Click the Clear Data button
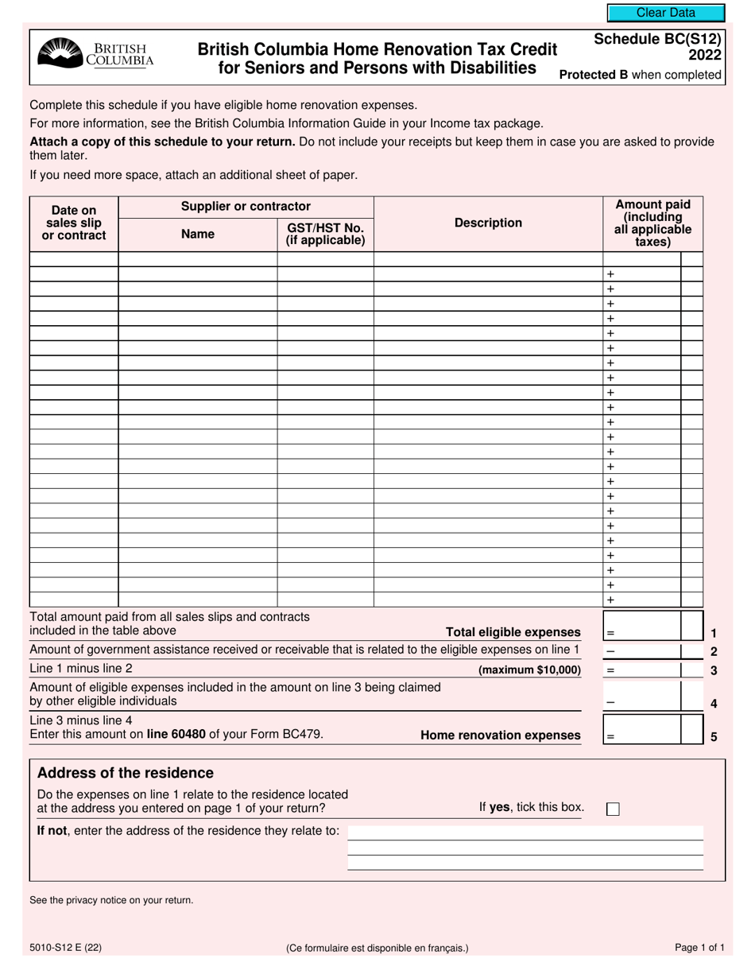(665, 13)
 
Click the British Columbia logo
(95, 54)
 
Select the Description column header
(488, 223)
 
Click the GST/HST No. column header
(325, 234)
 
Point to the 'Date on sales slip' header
(74, 223)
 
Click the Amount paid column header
(652, 223)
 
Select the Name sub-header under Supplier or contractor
(197, 234)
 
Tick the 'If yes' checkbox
(613, 809)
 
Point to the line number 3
(714, 670)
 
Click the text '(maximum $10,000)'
(529, 670)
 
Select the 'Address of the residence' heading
(126, 773)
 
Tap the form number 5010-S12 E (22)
(65, 948)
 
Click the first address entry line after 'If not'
(525, 832)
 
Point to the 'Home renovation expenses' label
(500, 735)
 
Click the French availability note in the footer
(377, 948)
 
